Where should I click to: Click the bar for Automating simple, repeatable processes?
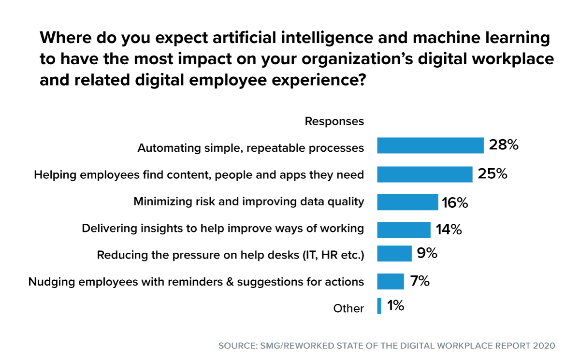tap(430, 145)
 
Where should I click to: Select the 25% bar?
tap(424, 174)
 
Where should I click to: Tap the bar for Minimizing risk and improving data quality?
tap(407, 202)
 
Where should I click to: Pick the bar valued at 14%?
tap(404, 230)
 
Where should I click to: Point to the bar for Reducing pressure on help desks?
tap(394, 254)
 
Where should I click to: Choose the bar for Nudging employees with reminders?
tap(390, 281)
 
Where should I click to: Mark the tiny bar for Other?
tap(379, 306)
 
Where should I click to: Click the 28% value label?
tap(503, 145)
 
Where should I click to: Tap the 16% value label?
tap(454, 203)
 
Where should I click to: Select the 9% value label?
tap(427, 253)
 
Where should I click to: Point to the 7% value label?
tap(420, 281)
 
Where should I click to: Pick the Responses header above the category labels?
tap(334, 122)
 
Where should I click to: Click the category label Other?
tap(348, 308)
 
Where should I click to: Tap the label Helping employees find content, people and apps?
tap(199, 175)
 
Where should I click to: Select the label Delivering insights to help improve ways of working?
tap(223, 229)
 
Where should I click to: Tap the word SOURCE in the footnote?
tap(234, 346)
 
